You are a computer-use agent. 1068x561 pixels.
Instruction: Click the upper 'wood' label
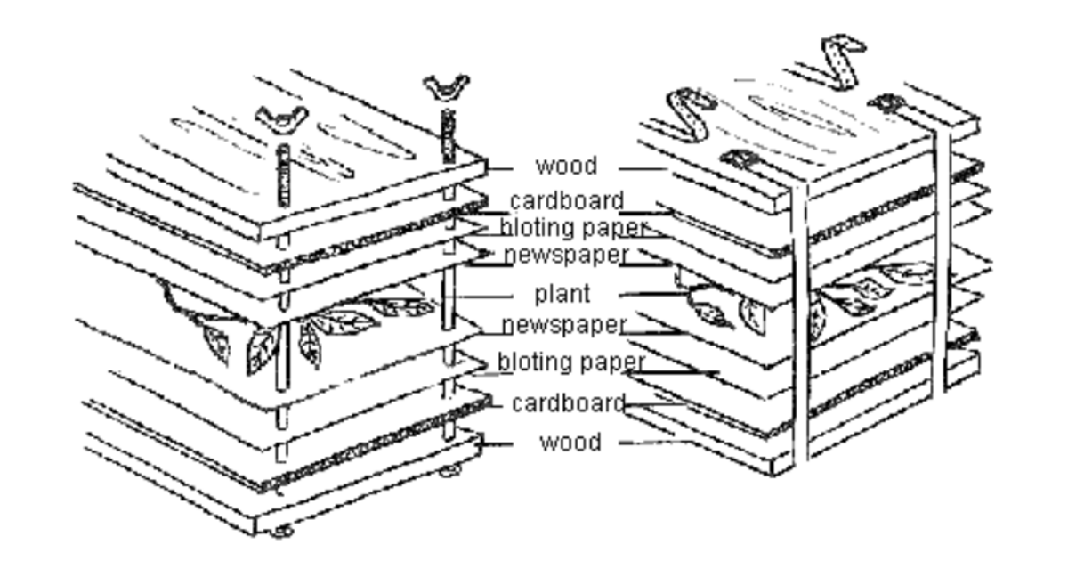pyautogui.click(x=566, y=167)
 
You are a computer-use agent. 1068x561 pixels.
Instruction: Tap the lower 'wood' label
pyautogui.click(x=570, y=443)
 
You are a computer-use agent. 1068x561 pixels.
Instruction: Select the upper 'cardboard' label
pyautogui.click(x=567, y=200)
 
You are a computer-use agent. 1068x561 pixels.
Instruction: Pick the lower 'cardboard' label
pyautogui.click(x=569, y=403)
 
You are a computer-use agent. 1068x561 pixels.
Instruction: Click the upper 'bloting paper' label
pyautogui.click(x=572, y=228)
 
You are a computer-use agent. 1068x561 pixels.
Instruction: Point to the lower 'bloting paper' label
pyautogui.click(x=570, y=362)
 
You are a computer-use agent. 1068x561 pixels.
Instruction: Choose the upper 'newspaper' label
pyautogui.click(x=566, y=256)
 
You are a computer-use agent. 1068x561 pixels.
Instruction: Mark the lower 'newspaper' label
pyautogui.click(x=563, y=325)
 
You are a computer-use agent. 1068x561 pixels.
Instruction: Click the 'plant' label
pyautogui.click(x=562, y=293)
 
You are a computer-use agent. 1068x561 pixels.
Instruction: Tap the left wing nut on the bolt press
pyautogui.click(x=281, y=117)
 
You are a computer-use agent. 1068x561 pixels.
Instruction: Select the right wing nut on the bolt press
pyautogui.click(x=446, y=87)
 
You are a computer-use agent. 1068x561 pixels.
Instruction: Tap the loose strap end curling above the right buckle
pyautogui.click(x=842, y=58)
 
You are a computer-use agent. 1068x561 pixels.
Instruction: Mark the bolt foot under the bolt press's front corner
pyautogui.click(x=282, y=531)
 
